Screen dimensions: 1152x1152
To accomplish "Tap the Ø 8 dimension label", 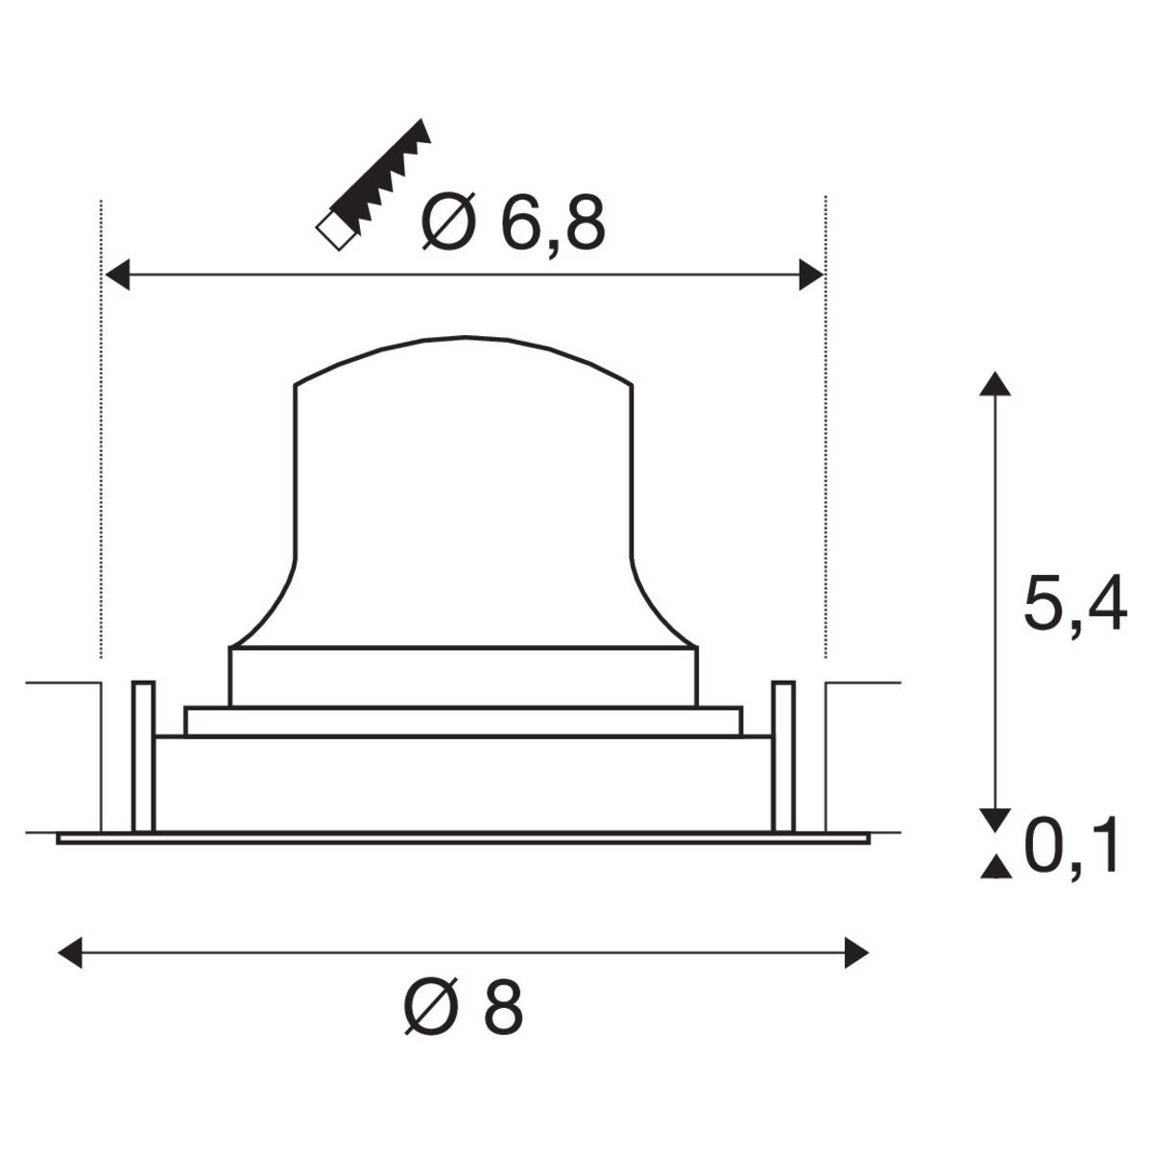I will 464,1008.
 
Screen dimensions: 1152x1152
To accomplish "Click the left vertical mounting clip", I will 142,756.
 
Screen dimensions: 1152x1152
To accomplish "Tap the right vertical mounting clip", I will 783,756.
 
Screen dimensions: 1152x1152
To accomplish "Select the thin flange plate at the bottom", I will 464,838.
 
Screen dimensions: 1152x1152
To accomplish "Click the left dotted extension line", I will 101,432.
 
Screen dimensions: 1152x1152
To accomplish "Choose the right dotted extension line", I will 826,432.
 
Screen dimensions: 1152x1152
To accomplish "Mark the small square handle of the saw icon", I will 333,231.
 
